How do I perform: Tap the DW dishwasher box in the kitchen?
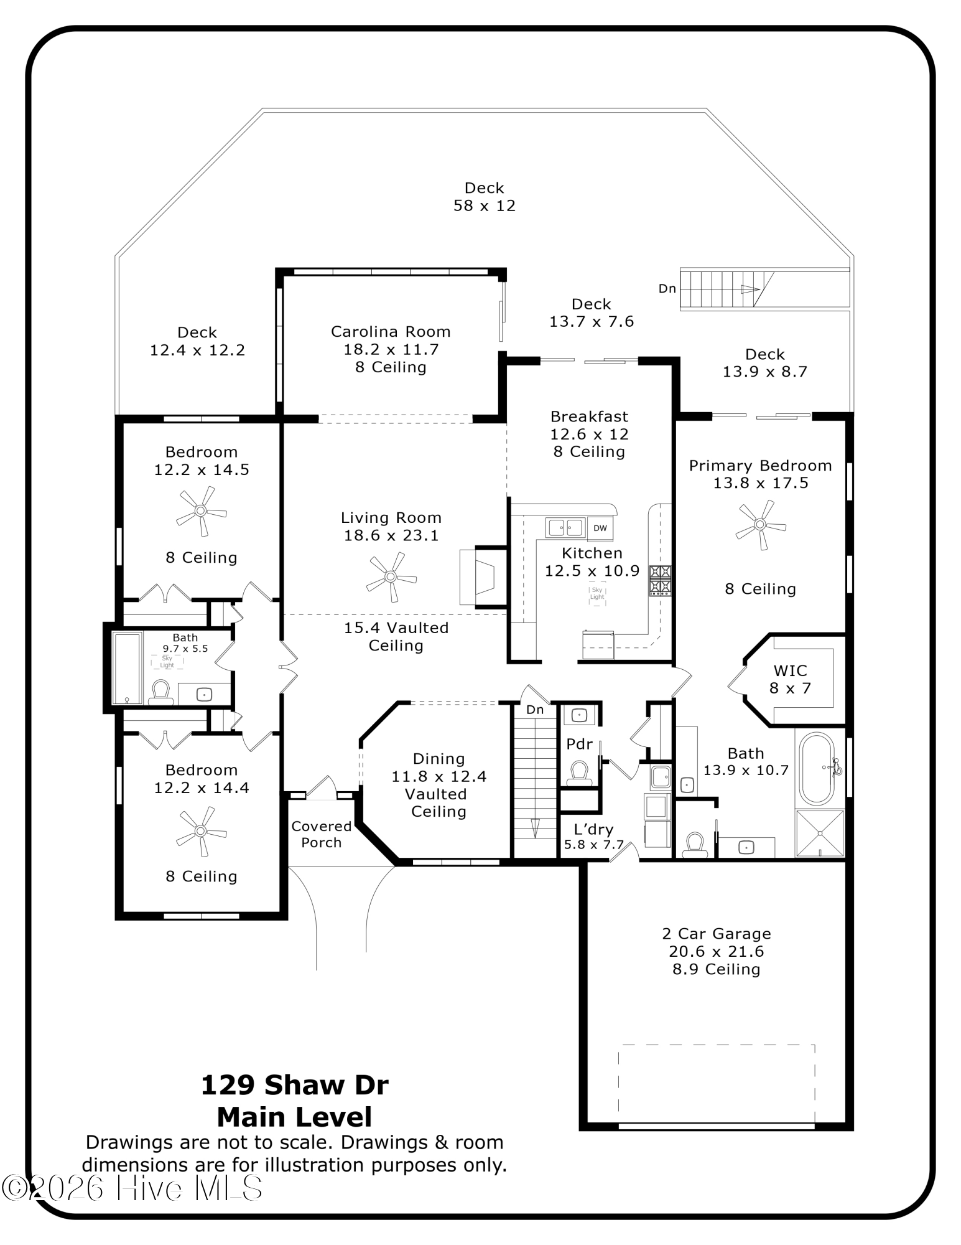600,528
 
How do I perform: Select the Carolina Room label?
391,332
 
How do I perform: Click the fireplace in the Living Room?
482,576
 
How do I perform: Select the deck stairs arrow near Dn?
750,289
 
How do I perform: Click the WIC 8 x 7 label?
790,679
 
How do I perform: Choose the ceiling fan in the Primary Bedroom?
760,525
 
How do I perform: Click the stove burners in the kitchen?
660,580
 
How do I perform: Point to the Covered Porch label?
322,834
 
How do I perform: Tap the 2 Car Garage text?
717,934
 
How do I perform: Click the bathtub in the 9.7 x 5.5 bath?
127,668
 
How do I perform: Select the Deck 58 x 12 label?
485,197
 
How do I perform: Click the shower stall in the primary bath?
820,833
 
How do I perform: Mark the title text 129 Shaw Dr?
295,1085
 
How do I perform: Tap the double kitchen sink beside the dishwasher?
565,528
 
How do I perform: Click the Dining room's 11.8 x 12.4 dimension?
439,776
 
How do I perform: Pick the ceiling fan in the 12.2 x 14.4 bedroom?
200,831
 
